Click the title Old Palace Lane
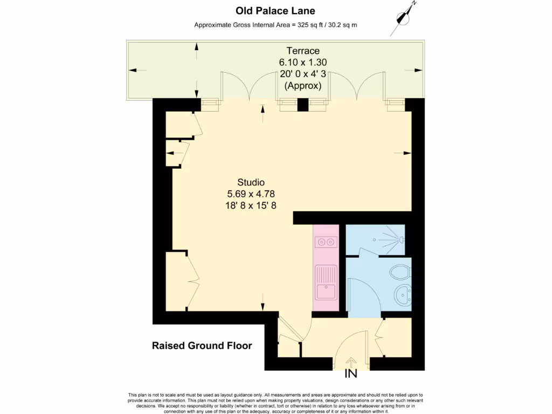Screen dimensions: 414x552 click(275, 11)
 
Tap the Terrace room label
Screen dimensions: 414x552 click(302, 51)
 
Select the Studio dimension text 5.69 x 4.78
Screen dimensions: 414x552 click(251, 194)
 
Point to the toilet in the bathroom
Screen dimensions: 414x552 click(401, 271)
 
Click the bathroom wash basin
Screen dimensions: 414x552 click(403, 294)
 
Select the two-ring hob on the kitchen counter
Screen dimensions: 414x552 click(326, 243)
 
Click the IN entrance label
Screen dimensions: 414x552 click(351, 374)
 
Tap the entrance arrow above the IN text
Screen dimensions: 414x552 click(351, 361)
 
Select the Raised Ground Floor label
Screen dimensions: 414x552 click(202, 346)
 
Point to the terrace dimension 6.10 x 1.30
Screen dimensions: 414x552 click(302, 63)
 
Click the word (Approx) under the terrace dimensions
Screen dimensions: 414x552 click(302, 86)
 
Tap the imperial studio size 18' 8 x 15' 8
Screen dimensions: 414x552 click(251, 205)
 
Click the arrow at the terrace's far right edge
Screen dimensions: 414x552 click(417, 70)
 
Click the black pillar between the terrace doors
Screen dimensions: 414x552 click(302, 105)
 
